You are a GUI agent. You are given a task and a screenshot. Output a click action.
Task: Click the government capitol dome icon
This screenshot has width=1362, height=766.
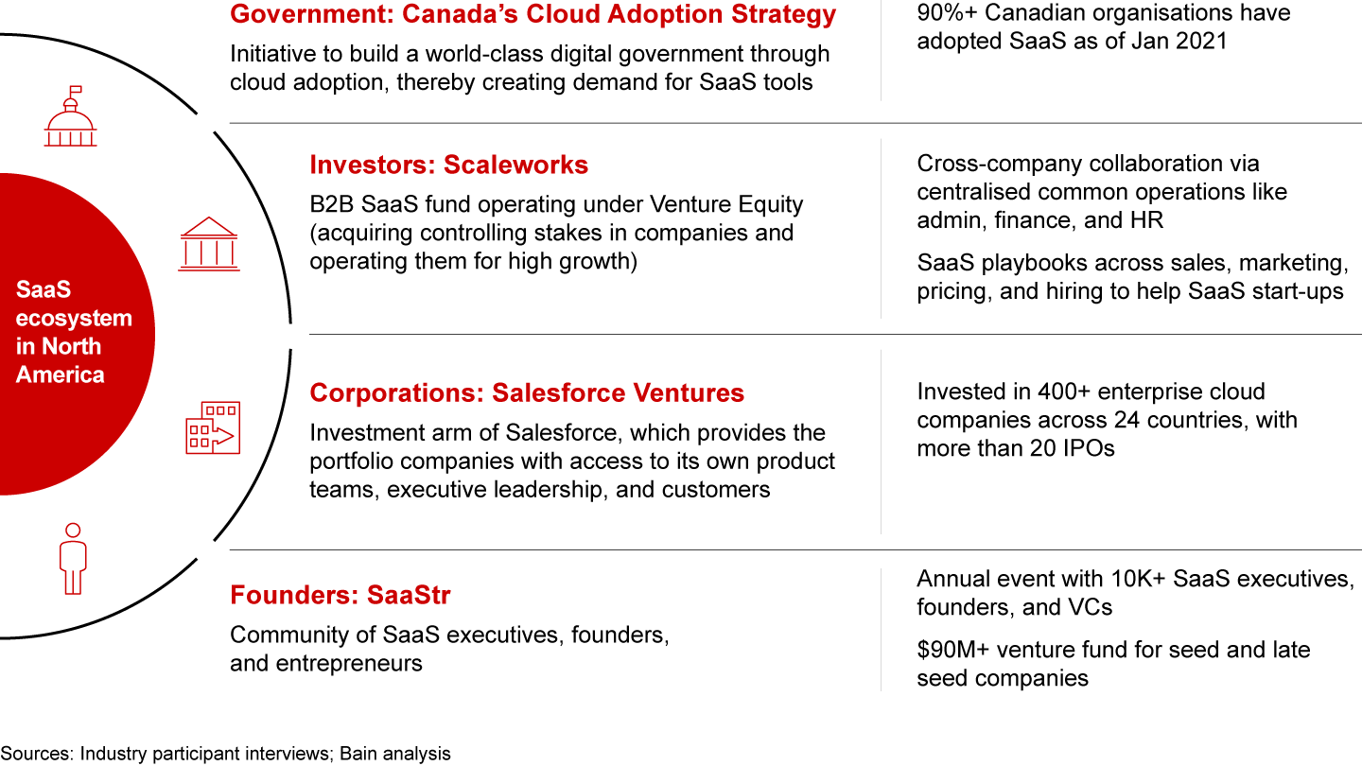[71, 116]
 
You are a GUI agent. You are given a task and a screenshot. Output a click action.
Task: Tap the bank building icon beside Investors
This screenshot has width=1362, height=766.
[208, 244]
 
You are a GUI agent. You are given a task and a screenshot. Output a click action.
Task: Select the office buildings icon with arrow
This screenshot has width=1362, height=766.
[213, 427]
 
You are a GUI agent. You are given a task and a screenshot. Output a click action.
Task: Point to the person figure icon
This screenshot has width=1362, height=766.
[73, 558]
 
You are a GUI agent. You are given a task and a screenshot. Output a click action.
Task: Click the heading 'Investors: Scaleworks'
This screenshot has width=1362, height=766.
[448, 165]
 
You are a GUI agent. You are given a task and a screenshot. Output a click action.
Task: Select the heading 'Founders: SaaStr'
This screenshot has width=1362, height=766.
[340, 595]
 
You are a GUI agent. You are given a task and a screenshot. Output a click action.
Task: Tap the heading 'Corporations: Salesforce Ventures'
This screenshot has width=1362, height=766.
[527, 392]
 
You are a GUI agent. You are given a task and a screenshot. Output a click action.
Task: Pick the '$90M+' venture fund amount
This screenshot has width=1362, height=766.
[952, 650]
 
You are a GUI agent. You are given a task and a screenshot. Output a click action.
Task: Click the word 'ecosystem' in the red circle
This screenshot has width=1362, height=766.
[74, 319]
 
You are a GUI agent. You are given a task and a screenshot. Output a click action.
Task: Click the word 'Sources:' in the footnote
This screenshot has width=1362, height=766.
[37, 754]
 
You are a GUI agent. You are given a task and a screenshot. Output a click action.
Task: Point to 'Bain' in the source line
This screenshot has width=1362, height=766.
[358, 754]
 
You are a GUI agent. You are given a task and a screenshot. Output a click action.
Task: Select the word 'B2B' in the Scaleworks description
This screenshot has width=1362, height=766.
[332, 204]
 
